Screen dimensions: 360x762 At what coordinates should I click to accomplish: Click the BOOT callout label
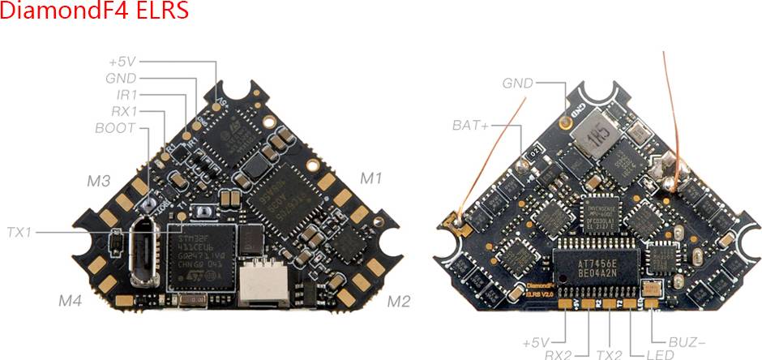point(115,127)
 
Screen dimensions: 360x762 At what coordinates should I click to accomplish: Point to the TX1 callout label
point(19,232)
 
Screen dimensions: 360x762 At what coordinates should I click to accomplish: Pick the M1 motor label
point(371,177)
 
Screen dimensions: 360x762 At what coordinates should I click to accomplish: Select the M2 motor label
point(398,302)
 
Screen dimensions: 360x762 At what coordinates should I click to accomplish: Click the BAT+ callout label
point(471,126)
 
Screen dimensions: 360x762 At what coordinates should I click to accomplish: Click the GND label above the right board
point(518,83)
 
